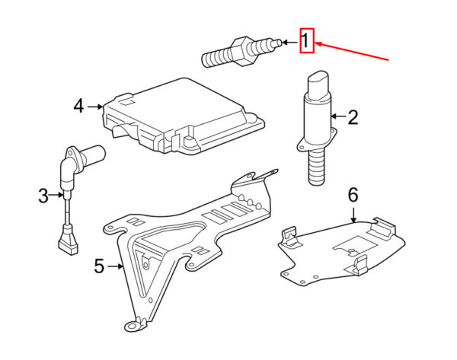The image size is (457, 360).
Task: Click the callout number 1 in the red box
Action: pos(305,41)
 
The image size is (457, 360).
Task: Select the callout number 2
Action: pos(353,118)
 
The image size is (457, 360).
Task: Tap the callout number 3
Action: pos(43,196)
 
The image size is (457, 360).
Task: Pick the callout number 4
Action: pos(78,106)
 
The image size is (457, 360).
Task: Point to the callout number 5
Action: pos(99,266)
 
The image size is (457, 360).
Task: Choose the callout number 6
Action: pos(353,195)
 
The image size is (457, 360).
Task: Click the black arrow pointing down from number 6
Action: pos(353,215)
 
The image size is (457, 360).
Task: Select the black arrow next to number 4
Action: pos(95,107)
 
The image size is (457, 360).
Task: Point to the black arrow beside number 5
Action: pos(115,266)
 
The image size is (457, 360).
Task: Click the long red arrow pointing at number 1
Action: pos(351,52)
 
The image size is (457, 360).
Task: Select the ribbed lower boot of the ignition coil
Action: pos(316,166)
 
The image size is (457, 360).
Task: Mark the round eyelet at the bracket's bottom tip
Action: pos(133,326)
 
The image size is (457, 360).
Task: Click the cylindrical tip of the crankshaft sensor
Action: pos(93,155)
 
